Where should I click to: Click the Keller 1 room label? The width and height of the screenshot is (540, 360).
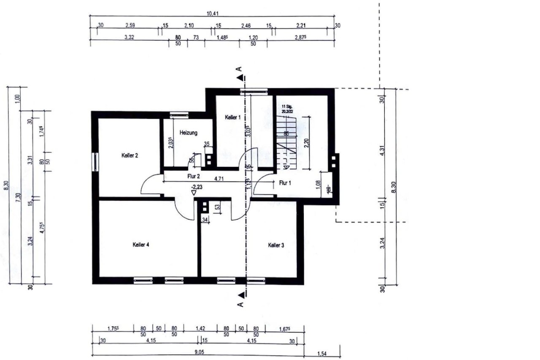tap(232, 117)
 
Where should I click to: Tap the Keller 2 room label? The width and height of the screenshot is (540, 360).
tap(130, 156)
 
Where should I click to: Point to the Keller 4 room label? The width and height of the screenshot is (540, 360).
tap(141, 244)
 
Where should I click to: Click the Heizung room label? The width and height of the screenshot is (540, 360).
tap(188, 132)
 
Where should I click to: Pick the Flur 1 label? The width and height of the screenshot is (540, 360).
tap(285, 183)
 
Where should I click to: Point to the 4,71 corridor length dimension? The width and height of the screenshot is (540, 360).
tap(219, 178)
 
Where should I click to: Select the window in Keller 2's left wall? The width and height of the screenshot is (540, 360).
tap(95, 162)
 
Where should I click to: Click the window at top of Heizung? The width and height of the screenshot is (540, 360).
tap(179, 114)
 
